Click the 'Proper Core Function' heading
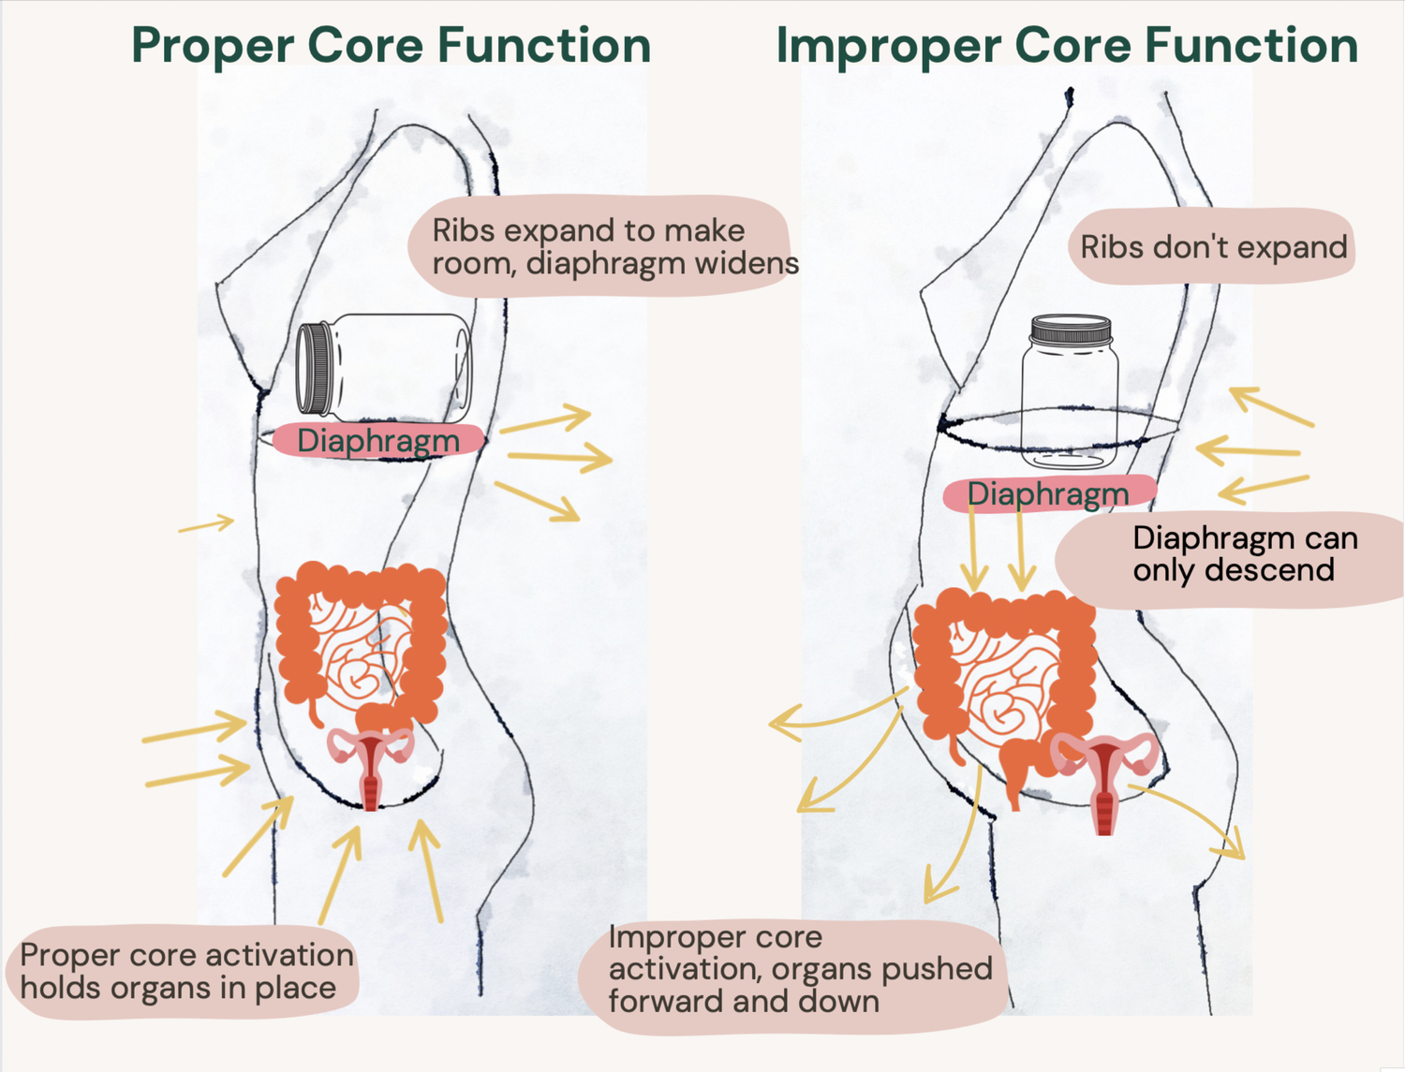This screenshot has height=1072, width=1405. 391,45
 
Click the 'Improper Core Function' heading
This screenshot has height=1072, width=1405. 1067,45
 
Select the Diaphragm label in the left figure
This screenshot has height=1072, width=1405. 377,440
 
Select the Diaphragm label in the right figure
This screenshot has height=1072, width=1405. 1048,493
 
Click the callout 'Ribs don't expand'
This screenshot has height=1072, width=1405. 1213,247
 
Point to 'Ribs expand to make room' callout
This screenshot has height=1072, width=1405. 599,246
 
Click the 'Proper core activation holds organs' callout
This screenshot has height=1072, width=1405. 185,971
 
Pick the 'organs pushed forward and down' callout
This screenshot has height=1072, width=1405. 796,970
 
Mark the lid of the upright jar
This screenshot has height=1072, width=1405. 1071,330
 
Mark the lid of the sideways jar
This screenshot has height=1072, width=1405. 314,368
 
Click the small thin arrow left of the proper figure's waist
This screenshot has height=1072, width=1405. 206,524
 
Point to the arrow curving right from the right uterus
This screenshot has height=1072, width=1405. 1199,819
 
